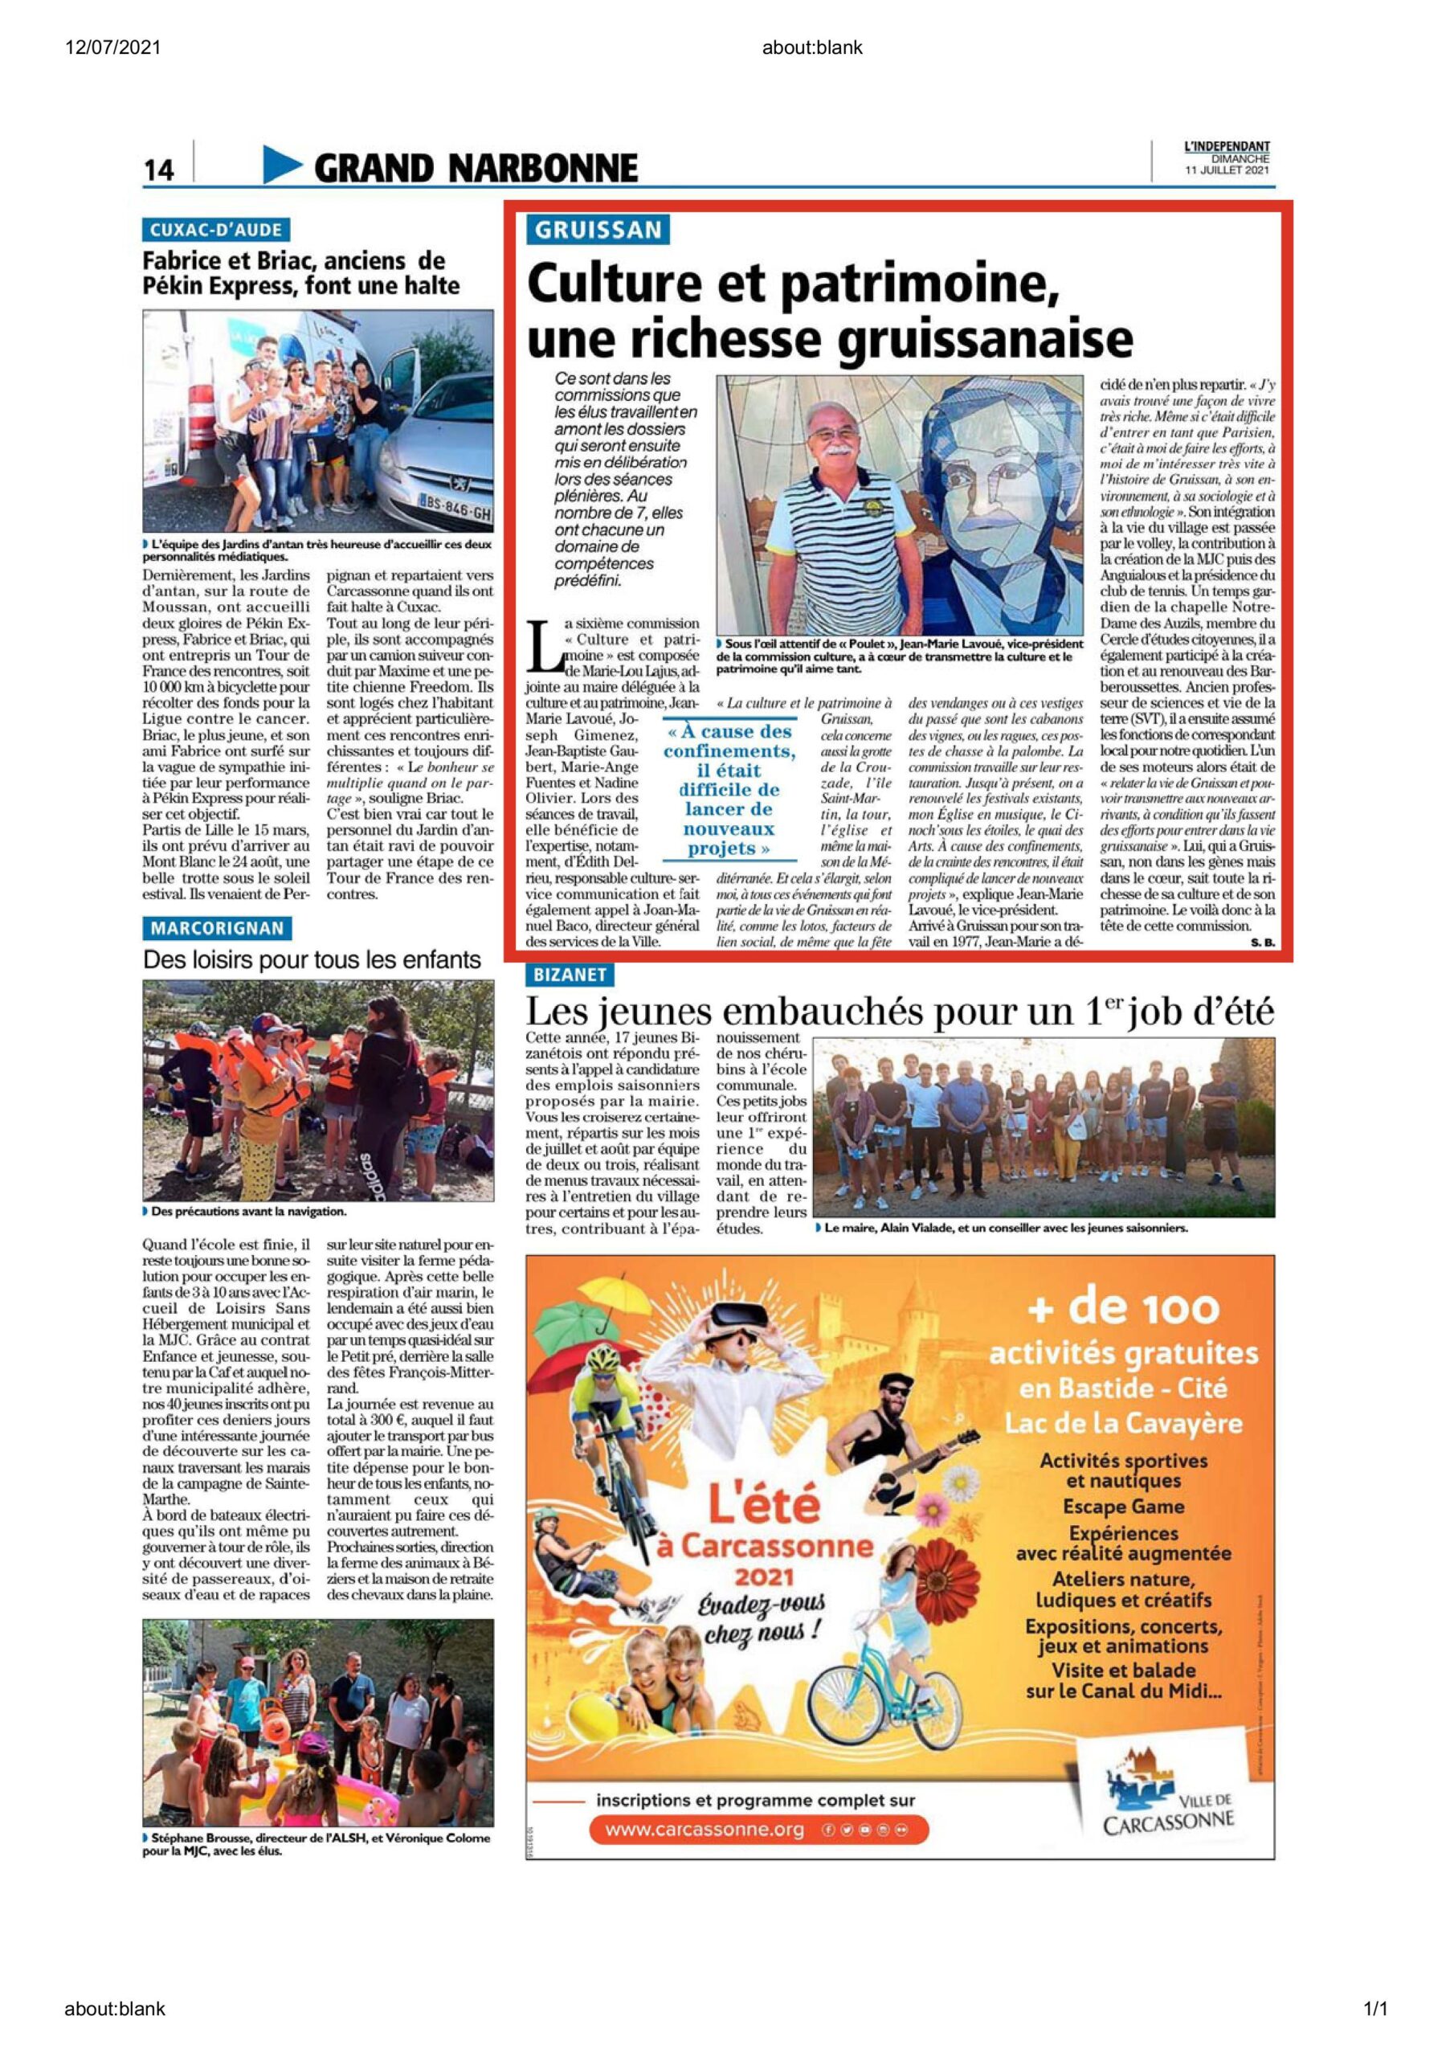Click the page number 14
[x=158, y=170]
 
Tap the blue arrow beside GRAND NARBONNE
[x=283, y=165]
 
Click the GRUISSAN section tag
[x=598, y=231]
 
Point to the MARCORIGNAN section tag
[x=217, y=928]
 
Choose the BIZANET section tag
[x=570, y=975]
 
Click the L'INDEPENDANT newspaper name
[x=1227, y=147]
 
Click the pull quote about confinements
[x=729, y=790]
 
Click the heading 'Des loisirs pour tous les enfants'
[x=312, y=960]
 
